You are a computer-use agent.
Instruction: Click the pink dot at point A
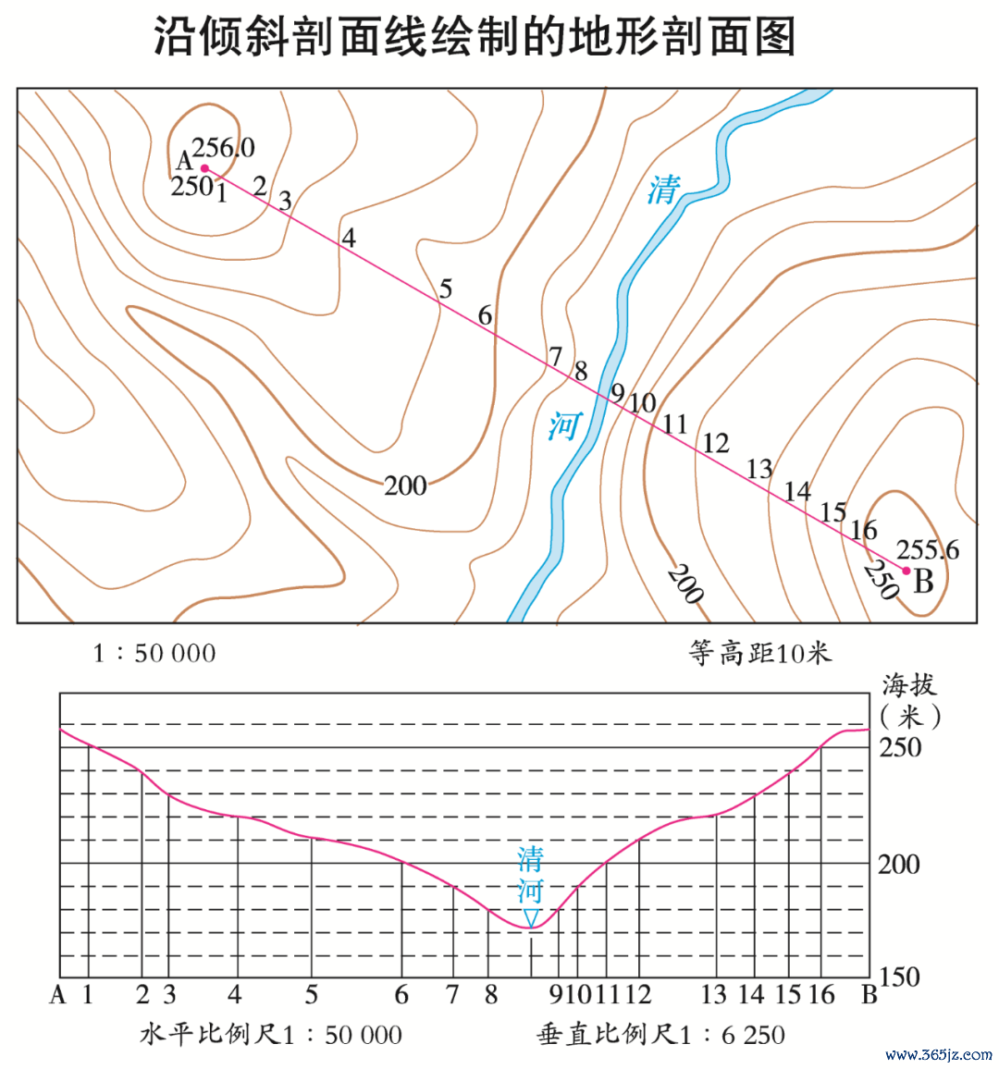pos(204,167)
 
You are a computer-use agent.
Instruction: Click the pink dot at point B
pos(906,571)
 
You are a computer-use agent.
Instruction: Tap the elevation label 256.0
pos(223,147)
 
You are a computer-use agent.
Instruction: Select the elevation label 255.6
pos(928,549)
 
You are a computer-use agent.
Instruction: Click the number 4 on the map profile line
pos(349,238)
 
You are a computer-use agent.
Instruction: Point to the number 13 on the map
pos(759,469)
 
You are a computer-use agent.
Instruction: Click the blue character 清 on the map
pos(664,190)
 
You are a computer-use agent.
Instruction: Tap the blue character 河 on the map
pos(566,426)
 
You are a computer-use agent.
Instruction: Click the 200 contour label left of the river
pos(405,486)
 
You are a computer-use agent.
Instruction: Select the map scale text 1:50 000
pos(154,653)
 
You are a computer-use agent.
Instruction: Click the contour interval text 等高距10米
pos(759,653)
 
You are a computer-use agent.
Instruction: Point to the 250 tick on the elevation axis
pos(900,747)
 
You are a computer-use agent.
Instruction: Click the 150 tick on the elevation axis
pos(900,977)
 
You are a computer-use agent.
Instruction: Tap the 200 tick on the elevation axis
pos(899,865)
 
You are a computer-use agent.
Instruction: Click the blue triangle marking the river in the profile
pos(531,917)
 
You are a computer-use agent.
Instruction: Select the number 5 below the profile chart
pos(311,995)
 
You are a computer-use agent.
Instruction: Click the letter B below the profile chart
pos(869,995)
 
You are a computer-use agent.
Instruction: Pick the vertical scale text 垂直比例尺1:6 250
pos(660,1035)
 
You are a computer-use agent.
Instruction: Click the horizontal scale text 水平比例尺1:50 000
pos(271,1035)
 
